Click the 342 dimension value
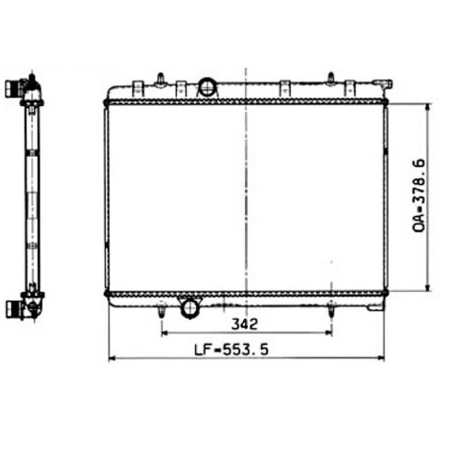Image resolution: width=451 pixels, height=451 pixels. (x=244, y=324)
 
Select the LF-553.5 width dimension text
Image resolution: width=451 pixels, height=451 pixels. (x=231, y=350)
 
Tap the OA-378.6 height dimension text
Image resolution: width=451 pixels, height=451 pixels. (x=419, y=196)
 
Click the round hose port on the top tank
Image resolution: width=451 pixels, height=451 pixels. (x=207, y=87)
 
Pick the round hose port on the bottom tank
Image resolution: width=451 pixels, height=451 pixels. (x=189, y=308)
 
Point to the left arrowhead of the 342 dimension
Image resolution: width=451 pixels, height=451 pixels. (x=165, y=333)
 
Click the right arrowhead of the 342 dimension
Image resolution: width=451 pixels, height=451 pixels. (x=329, y=333)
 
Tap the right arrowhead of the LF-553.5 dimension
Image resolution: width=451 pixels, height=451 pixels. (x=381, y=358)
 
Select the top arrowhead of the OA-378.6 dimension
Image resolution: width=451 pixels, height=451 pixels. (x=428, y=107)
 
